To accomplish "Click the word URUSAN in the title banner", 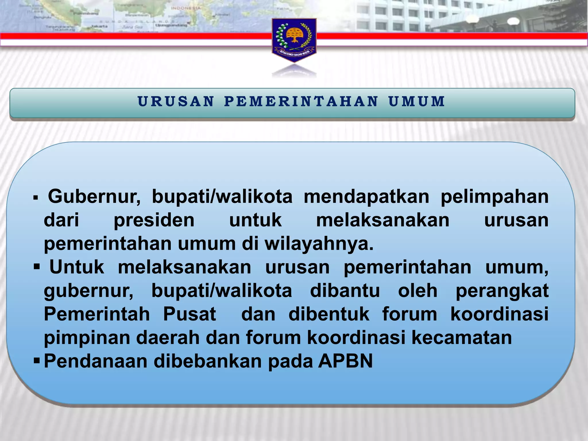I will (x=176, y=101).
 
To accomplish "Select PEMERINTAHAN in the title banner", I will (x=301, y=101).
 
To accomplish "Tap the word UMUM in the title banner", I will (x=417, y=101).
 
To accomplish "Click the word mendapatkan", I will (x=366, y=197).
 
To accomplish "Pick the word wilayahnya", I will (x=319, y=244).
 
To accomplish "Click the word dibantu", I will (x=345, y=291).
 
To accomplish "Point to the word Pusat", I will (x=189, y=314).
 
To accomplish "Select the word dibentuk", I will (x=329, y=314).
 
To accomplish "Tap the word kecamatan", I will (x=462, y=338).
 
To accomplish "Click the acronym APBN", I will (x=345, y=361).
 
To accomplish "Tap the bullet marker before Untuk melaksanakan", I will (x=36, y=267).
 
